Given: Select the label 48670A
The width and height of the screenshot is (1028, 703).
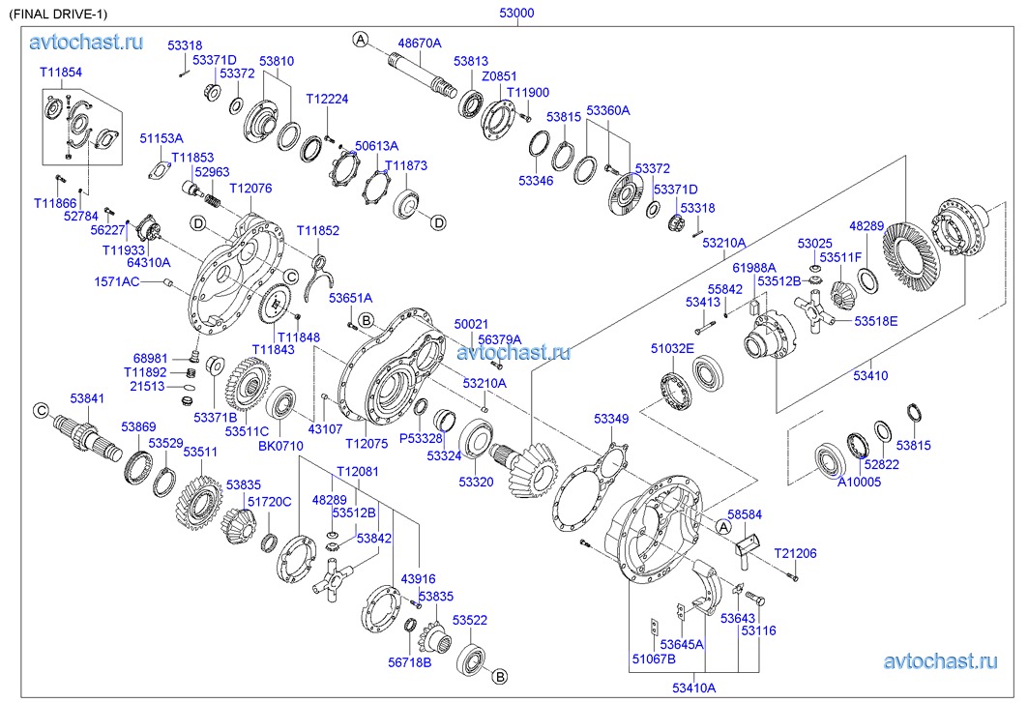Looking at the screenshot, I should pyautogui.click(x=420, y=43).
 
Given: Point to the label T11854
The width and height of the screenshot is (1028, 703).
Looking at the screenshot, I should pyautogui.click(x=60, y=73).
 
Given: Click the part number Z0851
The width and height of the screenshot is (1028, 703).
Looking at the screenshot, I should pyautogui.click(x=499, y=76).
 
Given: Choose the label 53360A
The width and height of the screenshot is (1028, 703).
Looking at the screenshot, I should pyautogui.click(x=607, y=110).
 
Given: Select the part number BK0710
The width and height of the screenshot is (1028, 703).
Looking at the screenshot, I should pyautogui.click(x=280, y=446).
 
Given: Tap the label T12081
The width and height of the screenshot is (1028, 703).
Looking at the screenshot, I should pyautogui.click(x=357, y=471).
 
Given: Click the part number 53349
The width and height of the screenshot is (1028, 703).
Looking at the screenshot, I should pyautogui.click(x=611, y=419).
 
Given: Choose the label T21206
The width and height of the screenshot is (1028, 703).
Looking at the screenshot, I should pyautogui.click(x=795, y=553).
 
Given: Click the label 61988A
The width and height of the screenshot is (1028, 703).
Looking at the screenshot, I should pyautogui.click(x=752, y=267).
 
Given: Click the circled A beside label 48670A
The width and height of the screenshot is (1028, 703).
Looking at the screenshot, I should pyautogui.click(x=360, y=40).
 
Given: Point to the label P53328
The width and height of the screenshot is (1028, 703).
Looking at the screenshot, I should pyautogui.click(x=422, y=438).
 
